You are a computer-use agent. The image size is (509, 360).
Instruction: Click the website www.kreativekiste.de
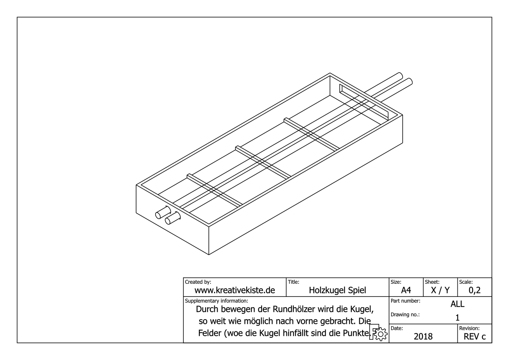pos(235,290)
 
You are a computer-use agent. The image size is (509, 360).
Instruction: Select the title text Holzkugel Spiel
pos(337,290)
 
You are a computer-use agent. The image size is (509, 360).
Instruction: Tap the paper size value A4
pos(406,290)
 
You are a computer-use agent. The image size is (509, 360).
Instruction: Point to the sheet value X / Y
pos(440,290)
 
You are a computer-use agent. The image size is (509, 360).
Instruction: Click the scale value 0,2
pos(474,291)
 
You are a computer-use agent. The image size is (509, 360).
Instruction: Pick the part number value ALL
pos(457,304)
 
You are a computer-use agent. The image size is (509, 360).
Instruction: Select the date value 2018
pos(423,336)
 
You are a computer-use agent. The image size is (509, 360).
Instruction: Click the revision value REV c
pos(474,336)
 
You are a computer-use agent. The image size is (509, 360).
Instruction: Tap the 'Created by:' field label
pos(198,282)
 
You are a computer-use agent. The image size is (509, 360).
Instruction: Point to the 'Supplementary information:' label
pos(216,301)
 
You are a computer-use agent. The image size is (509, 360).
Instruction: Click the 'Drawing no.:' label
pos(405,315)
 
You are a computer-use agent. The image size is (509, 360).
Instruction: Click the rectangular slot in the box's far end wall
pos(364,102)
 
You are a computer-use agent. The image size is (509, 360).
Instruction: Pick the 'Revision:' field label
pos(469,328)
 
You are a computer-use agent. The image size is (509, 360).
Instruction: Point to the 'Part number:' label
pos(405,301)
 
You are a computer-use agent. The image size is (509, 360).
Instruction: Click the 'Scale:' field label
pos(466,282)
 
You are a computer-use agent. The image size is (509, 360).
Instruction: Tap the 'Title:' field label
pos(293,282)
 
